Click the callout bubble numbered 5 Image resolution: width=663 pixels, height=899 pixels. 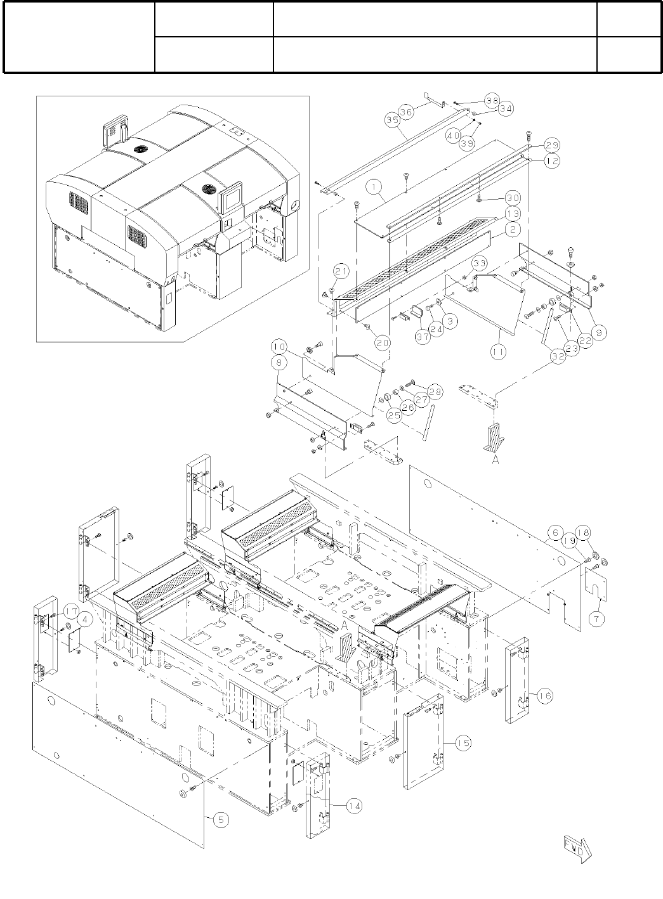point(221,819)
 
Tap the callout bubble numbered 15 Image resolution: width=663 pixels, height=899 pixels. point(463,742)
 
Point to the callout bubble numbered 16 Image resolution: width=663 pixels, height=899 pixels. point(544,695)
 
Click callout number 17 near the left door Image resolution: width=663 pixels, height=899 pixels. point(70,612)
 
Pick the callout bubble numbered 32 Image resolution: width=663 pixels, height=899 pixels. point(558,356)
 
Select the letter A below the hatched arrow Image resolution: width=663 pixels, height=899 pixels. point(496,461)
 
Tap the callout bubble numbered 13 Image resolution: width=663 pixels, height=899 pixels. point(513,212)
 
